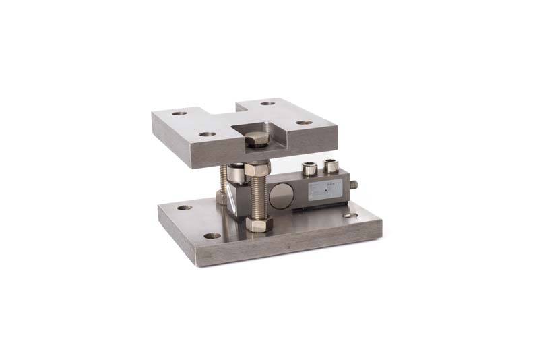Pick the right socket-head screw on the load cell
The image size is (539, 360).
(330, 164)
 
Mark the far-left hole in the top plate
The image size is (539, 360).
(179, 113)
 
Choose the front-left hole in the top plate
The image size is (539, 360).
(208, 134)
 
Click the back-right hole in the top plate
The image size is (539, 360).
(268, 104)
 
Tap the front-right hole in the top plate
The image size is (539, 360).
(305, 123)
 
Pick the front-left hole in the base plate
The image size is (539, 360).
(212, 236)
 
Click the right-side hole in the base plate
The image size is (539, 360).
(350, 216)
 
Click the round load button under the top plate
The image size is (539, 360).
(238, 173)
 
